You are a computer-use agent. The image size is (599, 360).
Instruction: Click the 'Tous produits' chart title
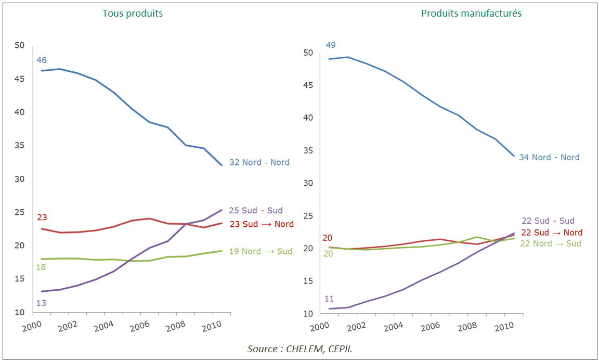(133, 14)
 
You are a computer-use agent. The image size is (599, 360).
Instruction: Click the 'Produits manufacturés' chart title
(471, 14)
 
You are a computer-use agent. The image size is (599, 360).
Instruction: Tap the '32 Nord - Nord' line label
(259, 162)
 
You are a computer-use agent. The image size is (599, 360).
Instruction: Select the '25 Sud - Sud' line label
(256, 211)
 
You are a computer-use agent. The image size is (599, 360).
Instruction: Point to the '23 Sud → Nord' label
(262, 224)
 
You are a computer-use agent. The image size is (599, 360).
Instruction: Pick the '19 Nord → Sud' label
(261, 251)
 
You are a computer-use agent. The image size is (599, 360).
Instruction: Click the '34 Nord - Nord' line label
(549, 157)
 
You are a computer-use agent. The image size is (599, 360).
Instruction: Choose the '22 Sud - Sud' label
(548, 221)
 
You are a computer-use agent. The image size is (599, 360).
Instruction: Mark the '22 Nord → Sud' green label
(551, 243)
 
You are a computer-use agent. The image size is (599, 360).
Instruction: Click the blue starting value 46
(42, 60)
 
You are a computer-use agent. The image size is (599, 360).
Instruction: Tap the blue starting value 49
(331, 45)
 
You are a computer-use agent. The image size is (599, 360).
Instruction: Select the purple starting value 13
(42, 302)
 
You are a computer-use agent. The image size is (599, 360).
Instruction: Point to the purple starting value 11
(329, 299)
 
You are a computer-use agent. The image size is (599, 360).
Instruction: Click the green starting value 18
(42, 267)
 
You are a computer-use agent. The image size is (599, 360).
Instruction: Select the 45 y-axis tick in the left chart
(19, 79)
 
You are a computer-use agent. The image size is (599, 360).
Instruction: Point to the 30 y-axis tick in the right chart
(308, 183)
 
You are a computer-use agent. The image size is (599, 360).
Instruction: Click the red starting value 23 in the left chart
(42, 217)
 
